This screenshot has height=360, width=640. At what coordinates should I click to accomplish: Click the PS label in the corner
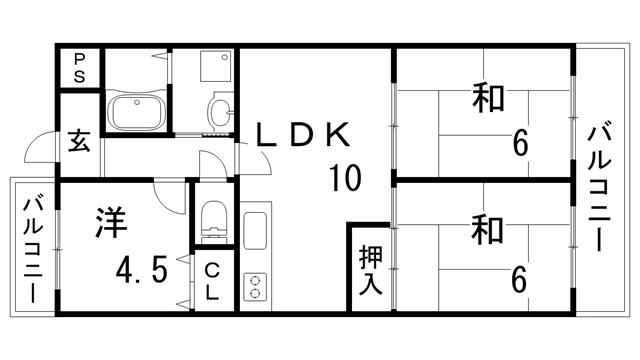(78, 68)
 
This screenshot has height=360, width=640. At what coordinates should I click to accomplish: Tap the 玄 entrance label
(80, 139)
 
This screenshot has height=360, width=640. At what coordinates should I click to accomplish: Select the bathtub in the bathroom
(136, 111)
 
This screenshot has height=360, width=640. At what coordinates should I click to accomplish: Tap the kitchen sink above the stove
(254, 234)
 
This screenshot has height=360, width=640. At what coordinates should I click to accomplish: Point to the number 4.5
(139, 270)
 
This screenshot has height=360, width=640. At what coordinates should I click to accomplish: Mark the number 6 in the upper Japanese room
(519, 145)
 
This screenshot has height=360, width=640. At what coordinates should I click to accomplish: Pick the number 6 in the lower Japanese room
(518, 279)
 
